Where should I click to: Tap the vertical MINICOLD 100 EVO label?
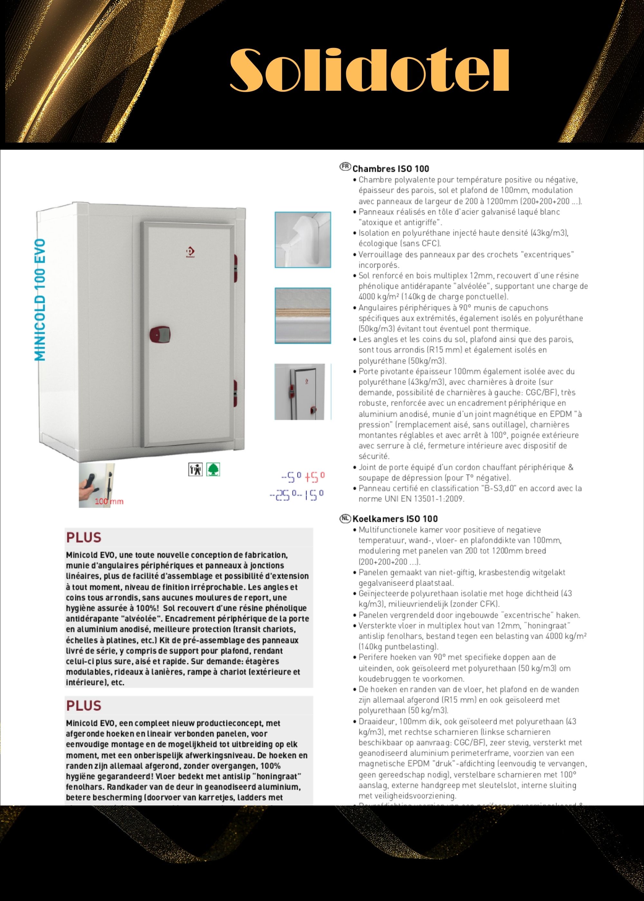coord(40,300)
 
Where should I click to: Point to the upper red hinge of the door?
coord(235,264)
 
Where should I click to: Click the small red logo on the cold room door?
coord(190,252)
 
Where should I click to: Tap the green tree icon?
coord(213,469)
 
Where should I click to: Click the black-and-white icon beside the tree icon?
coord(195,469)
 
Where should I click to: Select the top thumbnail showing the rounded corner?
coord(303,240)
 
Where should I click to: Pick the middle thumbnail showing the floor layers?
coord(303,315)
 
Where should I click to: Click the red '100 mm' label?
coord(109,501)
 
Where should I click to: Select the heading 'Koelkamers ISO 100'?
coord(395,519)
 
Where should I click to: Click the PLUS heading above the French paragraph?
coord(84,537)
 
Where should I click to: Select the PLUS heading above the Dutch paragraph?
coord(84,706)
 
